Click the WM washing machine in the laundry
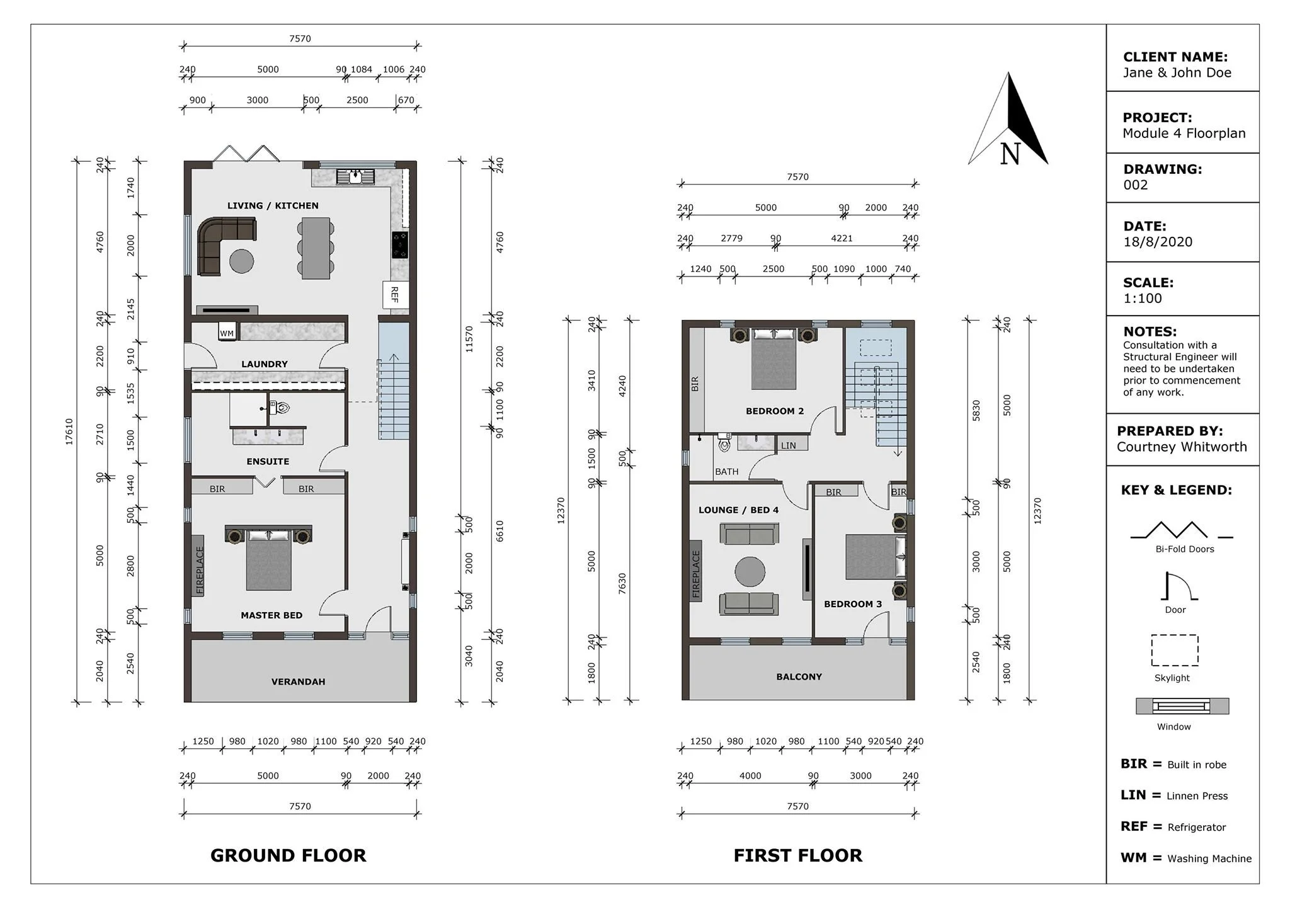(x=227, y=332)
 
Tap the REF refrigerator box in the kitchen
(x=396, y=295)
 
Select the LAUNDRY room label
(x=264, y=364)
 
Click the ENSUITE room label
(x=268, y=462)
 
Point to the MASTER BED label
(x=271, y=615)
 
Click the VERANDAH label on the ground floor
(x=298, y=681)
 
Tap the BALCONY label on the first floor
(x=799, y=677)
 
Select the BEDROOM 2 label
(x=775, y=411)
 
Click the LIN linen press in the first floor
(x=789, y=445)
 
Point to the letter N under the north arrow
(x=1010, y=154)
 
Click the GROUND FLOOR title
(x=288, y=855)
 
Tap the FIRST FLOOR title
(x=798, y=855)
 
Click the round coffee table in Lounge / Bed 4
(x=750, y=573)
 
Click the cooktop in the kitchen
(x=400, y=245)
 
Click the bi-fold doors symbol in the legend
(x=1182, y=530)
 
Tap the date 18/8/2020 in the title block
(x=1158, y=242)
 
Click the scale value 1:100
(x=1143, y=299)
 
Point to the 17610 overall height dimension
(x=69, y=432)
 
